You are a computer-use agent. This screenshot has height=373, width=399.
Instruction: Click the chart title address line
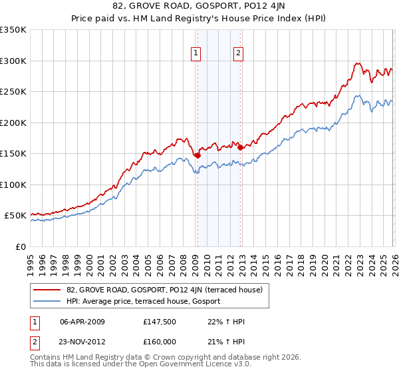pos(199,6)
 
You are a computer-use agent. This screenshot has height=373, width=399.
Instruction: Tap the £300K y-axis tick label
pos(13,61)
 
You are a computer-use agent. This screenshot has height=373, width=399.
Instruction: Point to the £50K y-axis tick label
pos(15,216)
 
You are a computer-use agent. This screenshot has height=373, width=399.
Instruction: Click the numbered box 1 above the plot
pos(197,55)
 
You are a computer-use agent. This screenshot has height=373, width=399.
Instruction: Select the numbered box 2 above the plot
pos(238,55)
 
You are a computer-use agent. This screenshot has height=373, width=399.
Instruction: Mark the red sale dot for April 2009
pos(198,155)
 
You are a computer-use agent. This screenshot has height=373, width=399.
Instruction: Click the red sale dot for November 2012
pos(240,147)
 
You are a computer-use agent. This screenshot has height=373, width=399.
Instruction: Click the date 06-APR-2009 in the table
pos(82,322)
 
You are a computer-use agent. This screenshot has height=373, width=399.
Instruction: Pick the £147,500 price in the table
pos(160,322)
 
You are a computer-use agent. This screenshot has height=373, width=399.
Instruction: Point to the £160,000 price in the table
pos(160,341)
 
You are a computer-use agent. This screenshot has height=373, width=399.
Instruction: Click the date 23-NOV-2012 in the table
pos(82,341)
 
